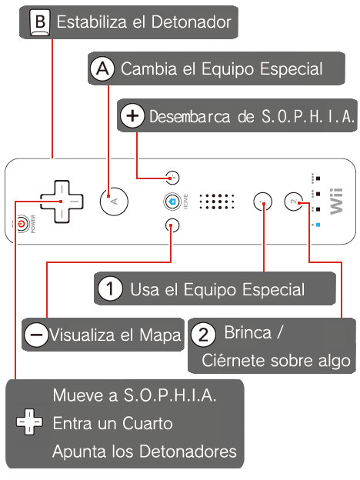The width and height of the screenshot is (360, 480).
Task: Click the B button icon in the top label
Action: tap(40, 22)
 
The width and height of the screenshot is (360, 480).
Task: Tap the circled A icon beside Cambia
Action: tap(102, 68)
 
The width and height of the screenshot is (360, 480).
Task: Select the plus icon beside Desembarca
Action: tap(132, 115)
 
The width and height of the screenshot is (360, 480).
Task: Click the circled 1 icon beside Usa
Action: tap(110, 288)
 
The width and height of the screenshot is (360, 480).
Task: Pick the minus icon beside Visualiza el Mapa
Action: tap(36, 335)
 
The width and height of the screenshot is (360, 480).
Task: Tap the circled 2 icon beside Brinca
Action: tap(203, 335)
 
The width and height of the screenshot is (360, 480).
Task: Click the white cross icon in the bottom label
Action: tap(29, 422)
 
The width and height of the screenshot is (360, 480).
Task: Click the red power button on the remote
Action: tap(21, 224)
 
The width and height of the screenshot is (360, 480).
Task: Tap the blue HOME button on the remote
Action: tap(172, 202)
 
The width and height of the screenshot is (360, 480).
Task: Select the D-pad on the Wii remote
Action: tap(62, 202)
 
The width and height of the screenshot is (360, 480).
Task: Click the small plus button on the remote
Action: tap(172, 178)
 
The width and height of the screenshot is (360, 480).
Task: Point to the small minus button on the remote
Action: tap(172, 225)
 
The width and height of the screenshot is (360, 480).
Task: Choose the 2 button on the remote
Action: tap(293, 202)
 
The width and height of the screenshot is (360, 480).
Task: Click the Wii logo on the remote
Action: tap(336, 201)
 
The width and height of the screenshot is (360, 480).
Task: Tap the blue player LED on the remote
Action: tap(318, 225)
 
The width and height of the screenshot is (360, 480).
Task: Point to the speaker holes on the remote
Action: tap(217, 201)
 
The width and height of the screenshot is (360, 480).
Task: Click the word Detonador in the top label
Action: tap(192, 22)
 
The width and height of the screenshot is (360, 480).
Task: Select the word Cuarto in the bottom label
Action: tap(147, 423)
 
